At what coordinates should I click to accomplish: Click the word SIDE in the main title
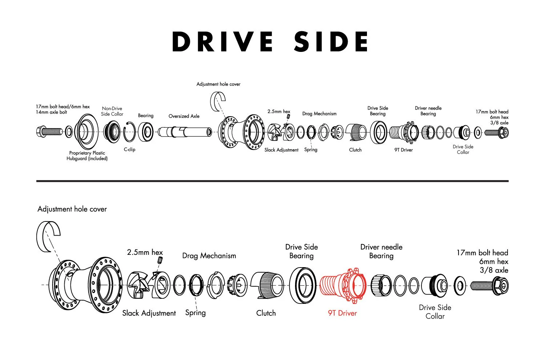pos(331,41)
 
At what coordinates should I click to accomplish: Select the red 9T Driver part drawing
pos(343,285)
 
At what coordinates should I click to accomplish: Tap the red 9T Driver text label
pos(342,313)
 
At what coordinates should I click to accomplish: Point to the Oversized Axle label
pos(184,116)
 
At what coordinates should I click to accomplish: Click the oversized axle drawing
pos(185,132)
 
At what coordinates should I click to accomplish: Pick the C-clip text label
pos(129,149)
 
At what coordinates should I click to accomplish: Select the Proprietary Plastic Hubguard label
pos(87,156)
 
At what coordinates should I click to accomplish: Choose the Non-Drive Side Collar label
pos(112,111)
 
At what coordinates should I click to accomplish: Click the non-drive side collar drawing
pos(112,132)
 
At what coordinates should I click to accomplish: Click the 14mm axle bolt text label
pos(51,112)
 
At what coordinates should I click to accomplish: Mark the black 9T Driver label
pos(404,150)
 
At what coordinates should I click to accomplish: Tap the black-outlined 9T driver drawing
pos(404,132)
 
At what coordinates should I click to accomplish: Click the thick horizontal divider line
pos(272,181)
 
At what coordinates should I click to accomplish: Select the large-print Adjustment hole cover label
pos(72,209)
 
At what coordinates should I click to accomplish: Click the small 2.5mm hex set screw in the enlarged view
pos(160,260)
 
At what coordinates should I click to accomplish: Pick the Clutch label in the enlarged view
pos(266,313)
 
